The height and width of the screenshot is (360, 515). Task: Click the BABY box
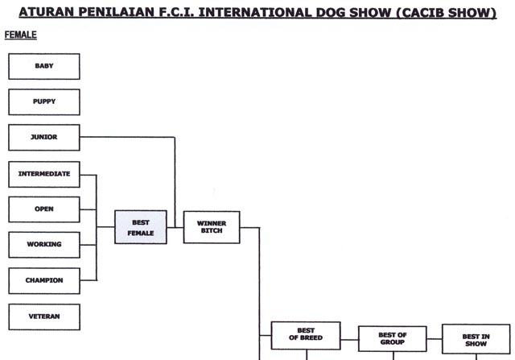44,66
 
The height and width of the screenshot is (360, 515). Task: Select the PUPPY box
44,101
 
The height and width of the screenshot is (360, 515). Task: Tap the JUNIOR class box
44,137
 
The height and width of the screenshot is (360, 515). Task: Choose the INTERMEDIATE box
44,174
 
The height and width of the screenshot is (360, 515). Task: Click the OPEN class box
44,209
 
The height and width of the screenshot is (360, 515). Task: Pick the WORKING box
44,244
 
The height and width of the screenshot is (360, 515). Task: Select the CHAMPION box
44,280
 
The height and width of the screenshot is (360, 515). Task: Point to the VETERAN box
44,317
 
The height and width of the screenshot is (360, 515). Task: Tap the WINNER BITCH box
212,226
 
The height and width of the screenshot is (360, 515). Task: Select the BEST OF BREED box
306,336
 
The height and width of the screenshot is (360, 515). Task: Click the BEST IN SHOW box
476,338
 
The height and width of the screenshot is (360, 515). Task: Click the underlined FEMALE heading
22,35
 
